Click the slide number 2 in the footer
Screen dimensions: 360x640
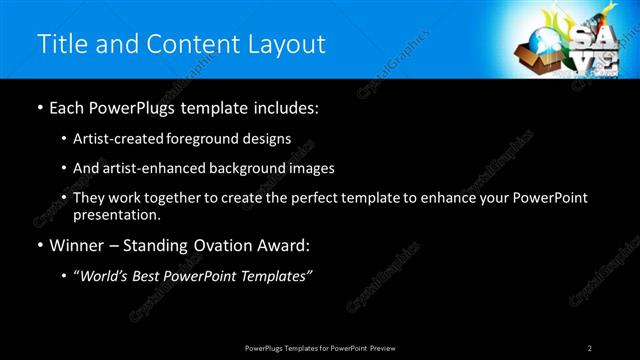tap(590, 347)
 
